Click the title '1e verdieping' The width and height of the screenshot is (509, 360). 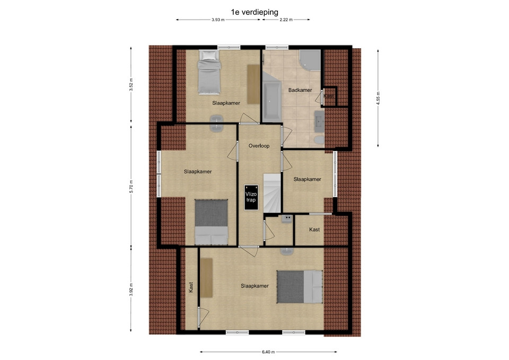(x=254, y=12)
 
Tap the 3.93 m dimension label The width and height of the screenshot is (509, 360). (x=218, y=20)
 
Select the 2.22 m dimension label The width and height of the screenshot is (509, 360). (x=286, y=20)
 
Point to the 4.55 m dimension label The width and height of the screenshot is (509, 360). (x=378, y=98)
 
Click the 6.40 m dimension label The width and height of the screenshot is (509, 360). (x=268, y=352)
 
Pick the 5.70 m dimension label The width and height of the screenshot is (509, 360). (x=131, y=186)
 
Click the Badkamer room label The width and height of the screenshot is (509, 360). (x=300, y=90)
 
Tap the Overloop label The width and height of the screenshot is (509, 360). (x=259, y=146)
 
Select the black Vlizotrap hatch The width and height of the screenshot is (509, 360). (x=251, y=197)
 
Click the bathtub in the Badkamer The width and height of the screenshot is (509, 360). (x=271, y=100)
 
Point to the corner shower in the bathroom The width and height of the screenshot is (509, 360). (x=310, y=60)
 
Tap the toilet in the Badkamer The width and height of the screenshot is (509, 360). (x=319, y=140)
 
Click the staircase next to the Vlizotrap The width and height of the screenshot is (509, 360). (x=271, y=193)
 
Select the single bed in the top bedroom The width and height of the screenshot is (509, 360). (x=209, y=72)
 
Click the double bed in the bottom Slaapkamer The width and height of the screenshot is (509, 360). (x=300, y=287)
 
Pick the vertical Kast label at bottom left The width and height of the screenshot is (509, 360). (x=191, y=287)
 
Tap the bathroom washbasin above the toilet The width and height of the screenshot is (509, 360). (x=319, y=121)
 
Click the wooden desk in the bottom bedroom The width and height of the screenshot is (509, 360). (x=206, y=277)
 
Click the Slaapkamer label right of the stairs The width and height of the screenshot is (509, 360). (x=307, y=179)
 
